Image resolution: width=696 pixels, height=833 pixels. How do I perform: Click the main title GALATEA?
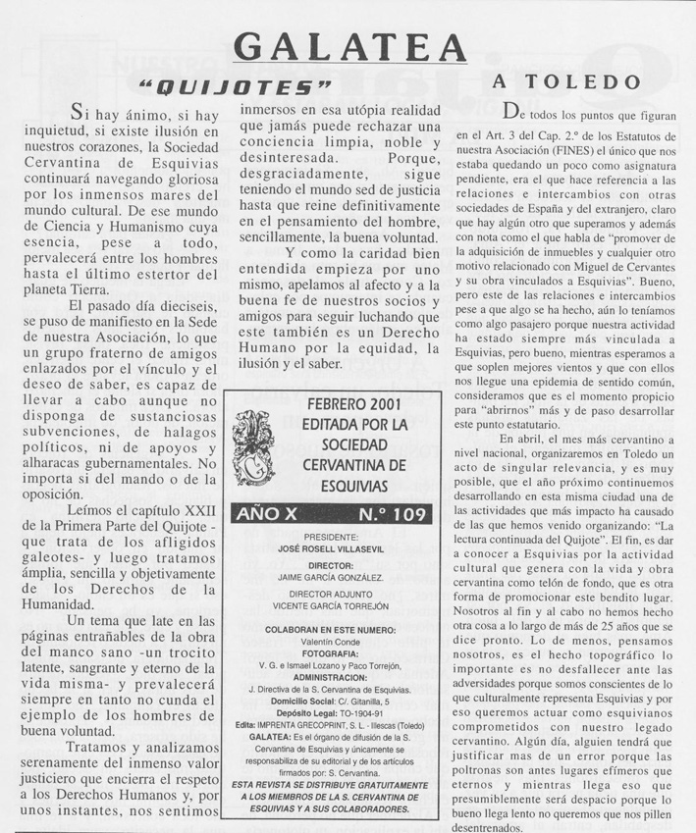349,47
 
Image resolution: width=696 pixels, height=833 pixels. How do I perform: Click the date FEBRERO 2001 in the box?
339,405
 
